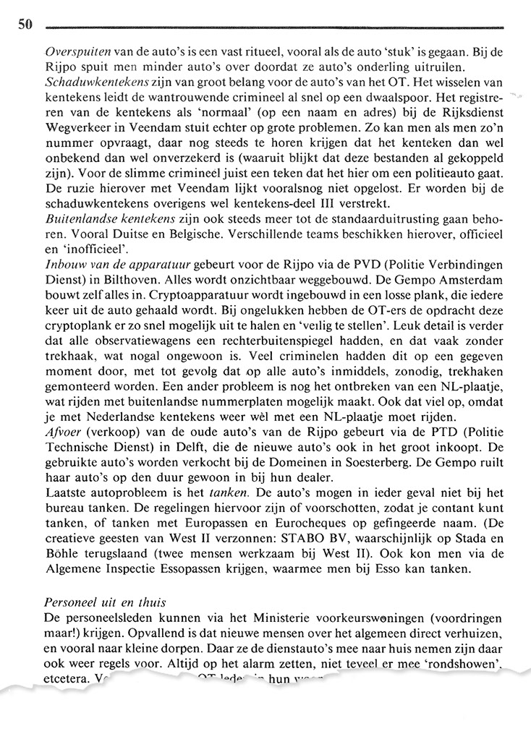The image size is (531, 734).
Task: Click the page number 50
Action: click(26, 26)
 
